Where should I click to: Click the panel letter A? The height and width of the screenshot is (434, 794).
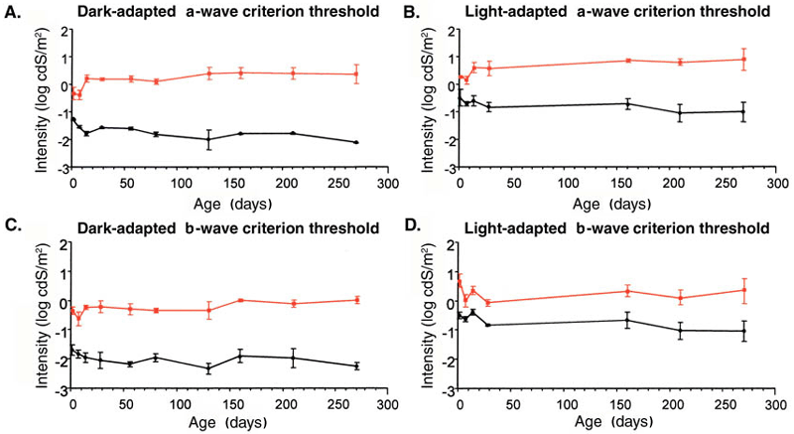(x=14, y=13)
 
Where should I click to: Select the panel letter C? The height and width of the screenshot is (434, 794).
(x=14, y=227)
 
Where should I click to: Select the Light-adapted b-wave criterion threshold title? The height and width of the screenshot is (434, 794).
(x=606, y=227)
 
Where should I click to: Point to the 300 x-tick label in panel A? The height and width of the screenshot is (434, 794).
(x=387, y=184)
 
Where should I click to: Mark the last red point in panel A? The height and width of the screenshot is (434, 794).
(x=356, y=74)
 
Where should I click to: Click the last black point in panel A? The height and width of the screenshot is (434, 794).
(x=356, y=142)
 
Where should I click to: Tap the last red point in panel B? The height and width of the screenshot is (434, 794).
(x=743, y=60)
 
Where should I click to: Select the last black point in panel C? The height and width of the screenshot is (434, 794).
(x=356, y=366)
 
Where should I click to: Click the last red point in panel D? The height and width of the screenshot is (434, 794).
(x=743, y=290)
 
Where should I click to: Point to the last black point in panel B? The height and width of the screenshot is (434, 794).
(x=743, y=111)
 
